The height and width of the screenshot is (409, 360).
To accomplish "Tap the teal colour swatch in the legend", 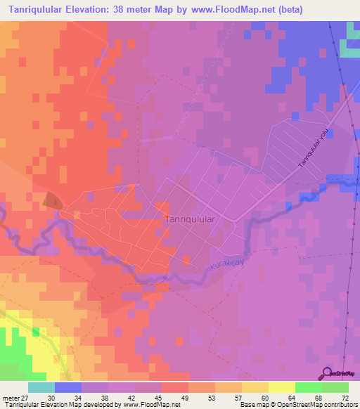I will (x=41, y=387).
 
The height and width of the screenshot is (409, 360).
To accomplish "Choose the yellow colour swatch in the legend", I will (x=282, y=387).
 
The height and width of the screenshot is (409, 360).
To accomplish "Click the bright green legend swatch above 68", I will (x=309, y=387).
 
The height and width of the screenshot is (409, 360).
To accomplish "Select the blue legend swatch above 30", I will (x=68, y=387).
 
